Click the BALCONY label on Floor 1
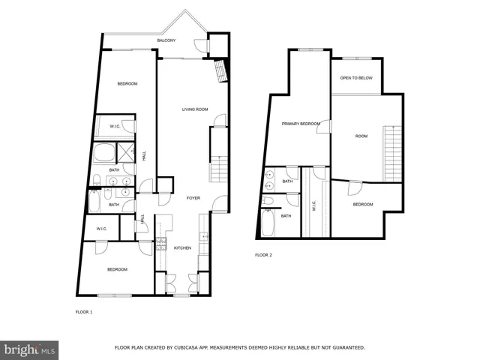[x=166, y=40]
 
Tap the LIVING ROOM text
[x=195, y=109]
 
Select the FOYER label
[x=193, y=198]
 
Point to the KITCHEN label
[x=183, y=248]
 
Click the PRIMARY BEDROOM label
[x=301, y=124]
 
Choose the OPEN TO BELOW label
[x=356, y=78]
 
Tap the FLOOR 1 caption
[x=84, y=311]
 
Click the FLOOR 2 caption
[x=263, y=255]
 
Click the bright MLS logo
[x=29, y=349]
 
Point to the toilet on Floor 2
[x=268, y=201]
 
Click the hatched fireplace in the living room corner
[x=220, y=72]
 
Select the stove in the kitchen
[x=160, y=244]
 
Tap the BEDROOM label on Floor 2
[x=363, y=204]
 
